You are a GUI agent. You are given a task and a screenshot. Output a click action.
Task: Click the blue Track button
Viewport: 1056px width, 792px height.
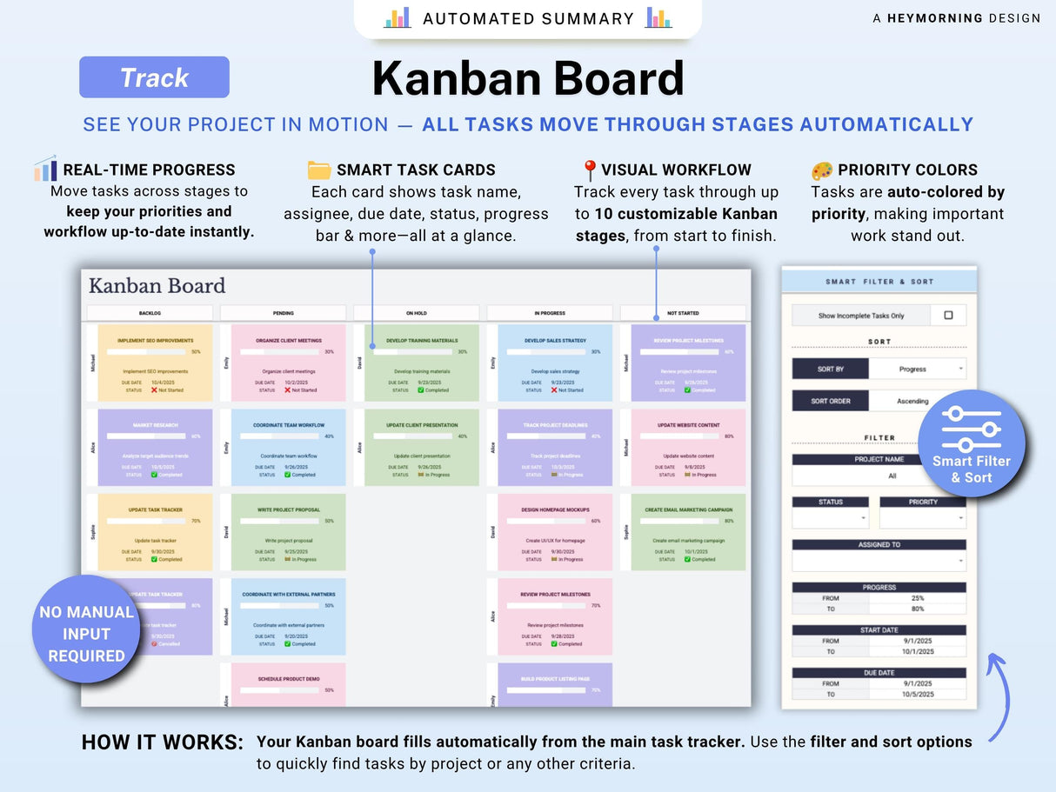(154, 77)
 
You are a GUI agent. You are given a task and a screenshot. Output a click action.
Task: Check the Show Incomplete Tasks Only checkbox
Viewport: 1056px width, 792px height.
(948, 316)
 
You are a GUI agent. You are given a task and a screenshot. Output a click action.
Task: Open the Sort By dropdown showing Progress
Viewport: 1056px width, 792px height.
(917, 369)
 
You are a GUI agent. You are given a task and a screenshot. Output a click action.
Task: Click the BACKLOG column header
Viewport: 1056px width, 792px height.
(150, 313)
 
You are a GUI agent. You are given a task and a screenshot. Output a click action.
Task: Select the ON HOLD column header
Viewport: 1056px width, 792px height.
(416, 313)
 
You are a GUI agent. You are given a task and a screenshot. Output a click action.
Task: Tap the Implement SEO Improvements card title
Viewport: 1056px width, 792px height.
(156, 341)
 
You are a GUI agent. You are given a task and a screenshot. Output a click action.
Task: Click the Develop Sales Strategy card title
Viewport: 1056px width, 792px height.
(555, 341)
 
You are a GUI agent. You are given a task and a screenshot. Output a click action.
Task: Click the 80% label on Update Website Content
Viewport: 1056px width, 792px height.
(729, 436)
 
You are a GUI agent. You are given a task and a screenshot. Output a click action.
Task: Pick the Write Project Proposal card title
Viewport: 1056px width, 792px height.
(289, 510)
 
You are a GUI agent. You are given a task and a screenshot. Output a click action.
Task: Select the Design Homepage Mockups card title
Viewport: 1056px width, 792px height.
(555, 510)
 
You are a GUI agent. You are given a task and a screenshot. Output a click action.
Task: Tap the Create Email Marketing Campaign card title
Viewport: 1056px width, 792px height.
(689, 510)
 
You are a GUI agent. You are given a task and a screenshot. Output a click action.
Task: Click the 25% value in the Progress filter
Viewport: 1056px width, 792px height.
(917, 598)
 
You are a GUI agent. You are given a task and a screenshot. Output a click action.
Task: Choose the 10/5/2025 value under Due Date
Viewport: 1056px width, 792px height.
(917, 694)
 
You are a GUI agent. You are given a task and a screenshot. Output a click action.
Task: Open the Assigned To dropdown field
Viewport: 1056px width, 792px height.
(879, 561)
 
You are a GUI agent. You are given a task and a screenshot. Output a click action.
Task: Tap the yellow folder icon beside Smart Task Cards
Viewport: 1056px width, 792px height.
(319, 170)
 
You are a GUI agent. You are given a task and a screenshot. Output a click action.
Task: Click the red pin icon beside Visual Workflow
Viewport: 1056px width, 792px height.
(589, 170)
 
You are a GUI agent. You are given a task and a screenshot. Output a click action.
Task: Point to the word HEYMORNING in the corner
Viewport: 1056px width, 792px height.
(935, 18)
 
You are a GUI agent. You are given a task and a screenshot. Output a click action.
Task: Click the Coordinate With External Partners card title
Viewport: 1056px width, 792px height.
(289, 595)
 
